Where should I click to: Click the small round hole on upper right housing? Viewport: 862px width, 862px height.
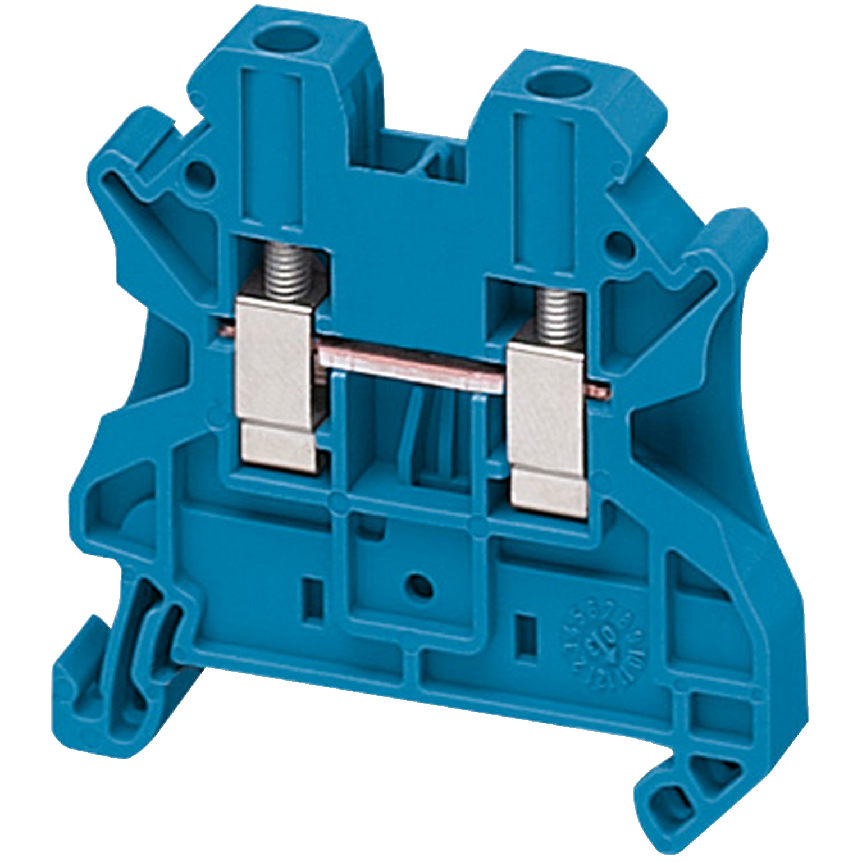click(618, 243)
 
